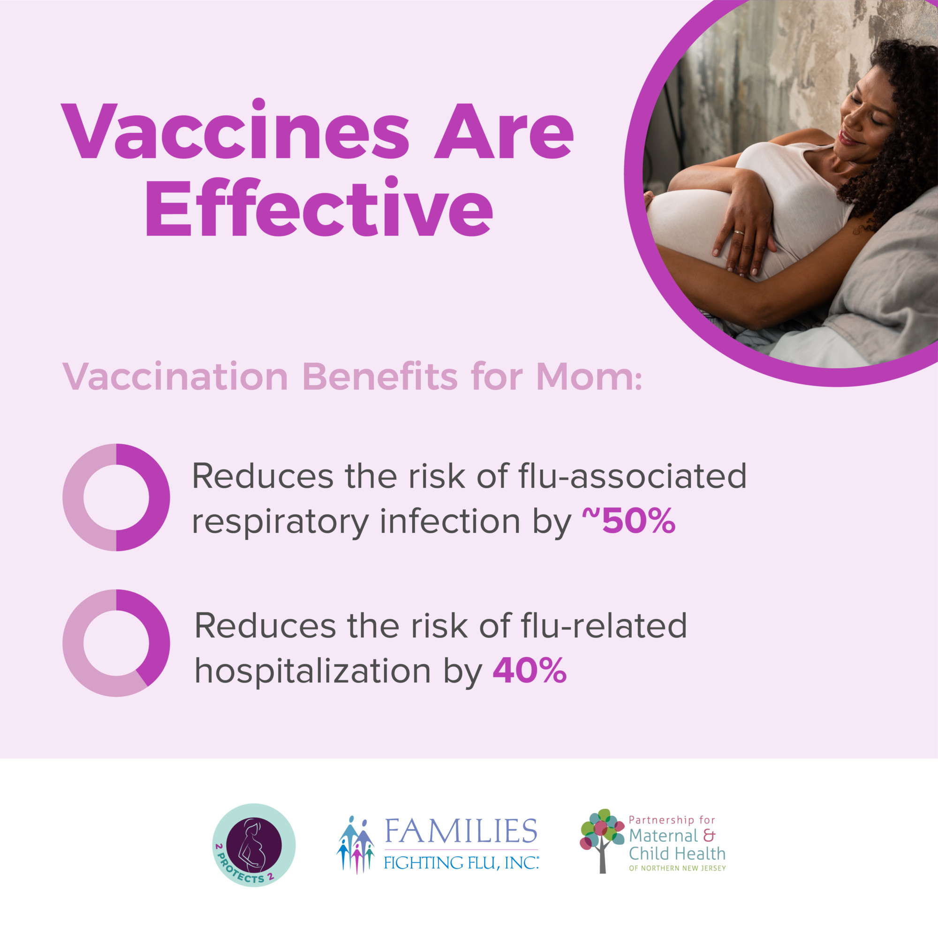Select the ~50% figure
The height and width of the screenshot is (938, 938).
(x=629, y=521)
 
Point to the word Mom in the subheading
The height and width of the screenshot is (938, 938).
(x=589, y=377)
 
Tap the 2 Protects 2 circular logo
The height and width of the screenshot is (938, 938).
(x=254, y=845)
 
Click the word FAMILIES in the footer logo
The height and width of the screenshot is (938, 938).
(x=461, y=831)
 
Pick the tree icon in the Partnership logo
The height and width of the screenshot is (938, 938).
(x=602, y=847)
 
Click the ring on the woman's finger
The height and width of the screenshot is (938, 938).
(x=739, y=232)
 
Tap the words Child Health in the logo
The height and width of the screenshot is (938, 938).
(x=677, y=853)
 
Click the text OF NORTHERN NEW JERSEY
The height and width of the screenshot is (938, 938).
(x=677, y=868)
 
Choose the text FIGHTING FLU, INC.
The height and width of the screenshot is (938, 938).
(x=461, y=863)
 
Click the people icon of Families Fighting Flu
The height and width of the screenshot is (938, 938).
(x=356, y=845)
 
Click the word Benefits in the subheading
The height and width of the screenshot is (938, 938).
(x=380, y=377)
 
